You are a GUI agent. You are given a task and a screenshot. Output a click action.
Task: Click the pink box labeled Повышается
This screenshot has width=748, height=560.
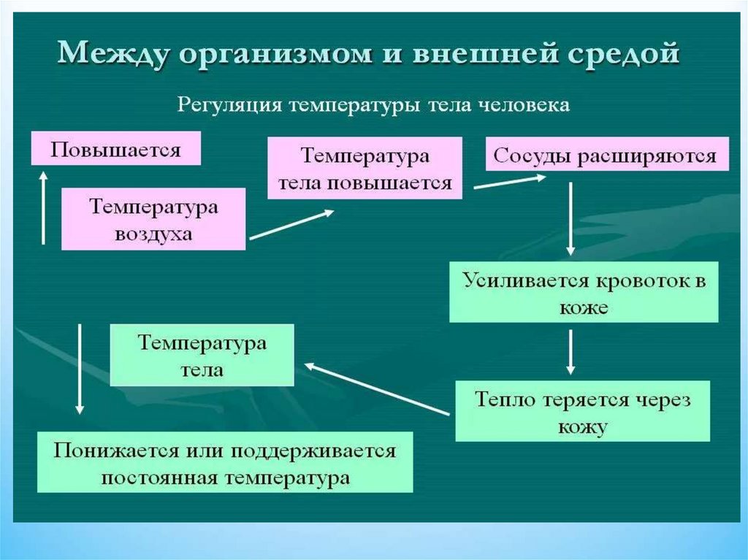pyautogui.click(x=115, y=150)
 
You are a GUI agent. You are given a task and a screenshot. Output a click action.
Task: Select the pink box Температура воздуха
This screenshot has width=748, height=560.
pyautogui.click(x=153, y=219)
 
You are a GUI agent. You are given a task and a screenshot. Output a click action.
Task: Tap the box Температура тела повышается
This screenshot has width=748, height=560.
pyautogui.click(x=365, y=169)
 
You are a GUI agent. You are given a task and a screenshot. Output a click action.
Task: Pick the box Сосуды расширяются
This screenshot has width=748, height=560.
pyautogui.click(x=606, y=155)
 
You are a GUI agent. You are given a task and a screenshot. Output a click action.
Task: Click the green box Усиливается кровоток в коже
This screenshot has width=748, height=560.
pyautogui.click(x=584, y=292)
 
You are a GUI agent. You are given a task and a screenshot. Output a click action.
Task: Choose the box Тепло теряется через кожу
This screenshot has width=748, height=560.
pyautogui.click(x=582, y=411)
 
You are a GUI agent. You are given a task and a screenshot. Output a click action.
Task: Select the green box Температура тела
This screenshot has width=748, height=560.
pyautogui.click(x=202, y=356)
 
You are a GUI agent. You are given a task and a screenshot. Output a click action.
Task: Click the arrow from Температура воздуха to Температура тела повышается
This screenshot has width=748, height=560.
pyautogui.click(x=291, y=224)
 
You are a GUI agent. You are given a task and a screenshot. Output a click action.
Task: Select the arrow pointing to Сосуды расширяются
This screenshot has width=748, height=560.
pyautogui.click(x=511, y=183)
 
